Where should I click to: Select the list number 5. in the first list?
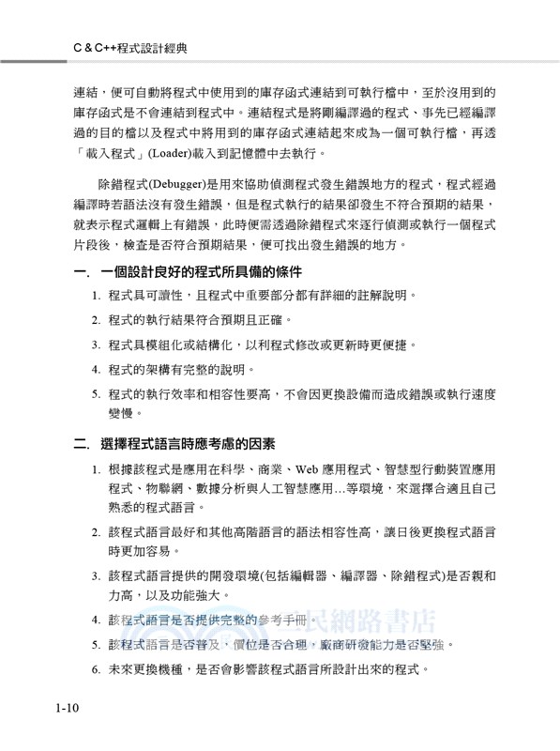pos(97,394)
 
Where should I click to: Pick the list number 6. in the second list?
pos(97,671)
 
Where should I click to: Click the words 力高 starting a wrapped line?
pos(124,595)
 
